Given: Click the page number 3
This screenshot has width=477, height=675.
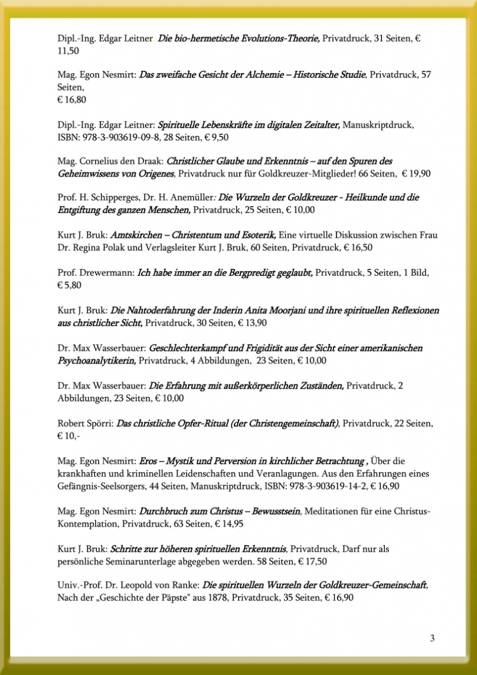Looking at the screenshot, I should point(432,638).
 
